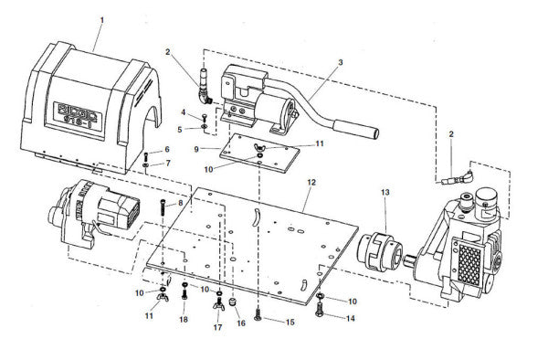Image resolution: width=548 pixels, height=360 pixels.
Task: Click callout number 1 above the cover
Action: pyautogui.click(x=102, y=19)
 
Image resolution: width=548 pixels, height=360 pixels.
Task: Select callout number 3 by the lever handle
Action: pyautogui.click(x=340, y=62)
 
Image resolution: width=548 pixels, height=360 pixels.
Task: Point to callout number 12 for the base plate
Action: pyautogui.click(x=311, y=184)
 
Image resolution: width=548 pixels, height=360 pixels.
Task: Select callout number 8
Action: pyautogui.click(x=181, y=202)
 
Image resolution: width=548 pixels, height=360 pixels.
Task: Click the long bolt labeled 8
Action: pyautogui.click(x=163, y=216)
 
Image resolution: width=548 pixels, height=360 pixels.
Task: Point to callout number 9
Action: pyautogui.click(x=196, y=147)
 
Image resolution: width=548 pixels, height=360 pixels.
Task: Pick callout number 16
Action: pyautogui.click(x=242, y=322)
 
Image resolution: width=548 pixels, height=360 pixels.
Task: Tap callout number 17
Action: pyautogui.click(x=218, y=326)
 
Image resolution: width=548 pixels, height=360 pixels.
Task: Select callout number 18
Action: pyautogui.click(x=184, y=320)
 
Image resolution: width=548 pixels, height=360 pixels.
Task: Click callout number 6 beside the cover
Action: pyautogui.click(x=167, y=149)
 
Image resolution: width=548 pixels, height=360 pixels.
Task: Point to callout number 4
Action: pyautogui.click(x=183, y=112)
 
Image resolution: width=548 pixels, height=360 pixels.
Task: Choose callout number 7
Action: pyautogui.click(x=167, y=163)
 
